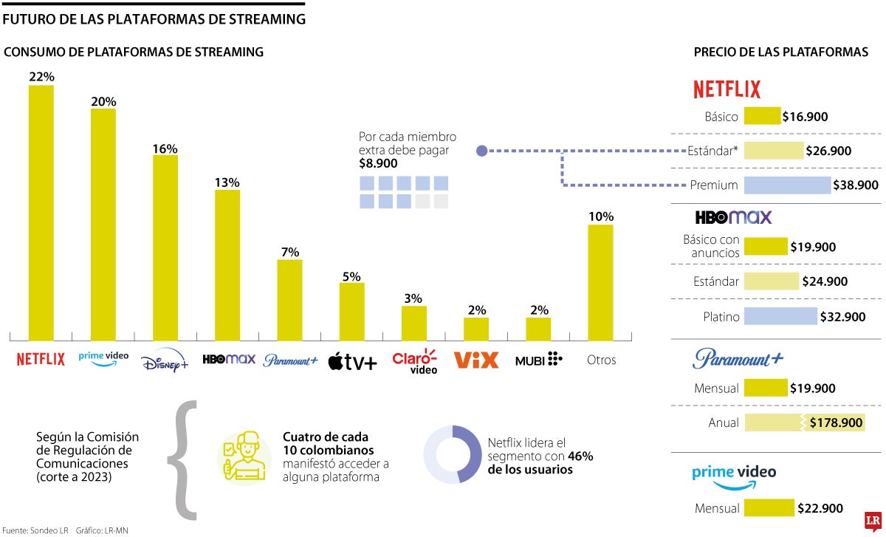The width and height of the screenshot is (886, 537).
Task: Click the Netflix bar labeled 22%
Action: (x=41, y=211)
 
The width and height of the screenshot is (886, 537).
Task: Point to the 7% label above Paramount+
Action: (x=289, y=252)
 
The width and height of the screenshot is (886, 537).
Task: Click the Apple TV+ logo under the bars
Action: (x=352, y=361)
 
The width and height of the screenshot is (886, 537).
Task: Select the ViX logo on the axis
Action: (x=476, y=360)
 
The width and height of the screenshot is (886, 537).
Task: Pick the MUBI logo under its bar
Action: (x=538, y=360)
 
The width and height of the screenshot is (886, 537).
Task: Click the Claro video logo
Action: (x=414, y=360)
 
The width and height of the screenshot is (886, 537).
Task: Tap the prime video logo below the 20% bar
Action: (x=103, y=357)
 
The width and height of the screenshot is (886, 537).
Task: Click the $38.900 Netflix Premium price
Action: (x=855, y=185)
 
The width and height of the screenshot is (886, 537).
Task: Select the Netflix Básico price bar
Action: (x=762, y=116)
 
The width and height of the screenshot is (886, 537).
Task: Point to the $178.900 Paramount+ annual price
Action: (x=836, y=423)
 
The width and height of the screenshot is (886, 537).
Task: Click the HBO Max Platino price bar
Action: (x=780, y=317)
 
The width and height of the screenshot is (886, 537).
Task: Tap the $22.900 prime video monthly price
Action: (x=820, y=508)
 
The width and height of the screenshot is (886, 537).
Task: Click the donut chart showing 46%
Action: (x=452, y=454)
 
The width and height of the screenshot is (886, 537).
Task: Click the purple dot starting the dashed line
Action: (x=481, y=151)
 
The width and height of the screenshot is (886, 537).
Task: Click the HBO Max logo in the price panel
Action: (x=732, y=217)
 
